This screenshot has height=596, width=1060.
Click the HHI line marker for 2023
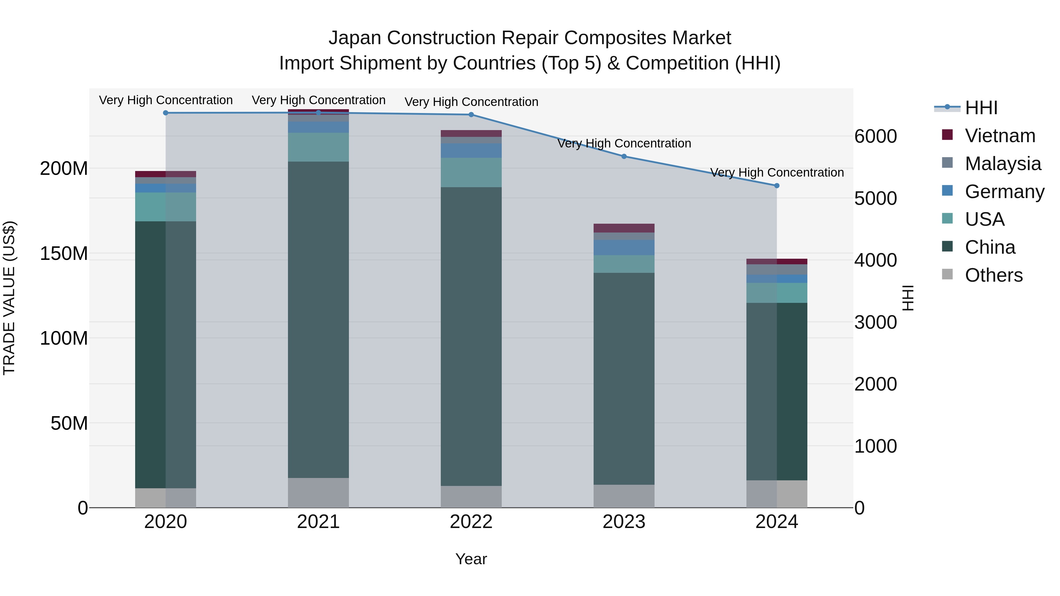624,156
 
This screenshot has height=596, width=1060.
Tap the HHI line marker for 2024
776,185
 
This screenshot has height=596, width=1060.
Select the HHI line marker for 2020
166,113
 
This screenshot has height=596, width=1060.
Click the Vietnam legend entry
1000,136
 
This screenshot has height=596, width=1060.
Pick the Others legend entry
993,275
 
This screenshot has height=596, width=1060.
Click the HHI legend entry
981,108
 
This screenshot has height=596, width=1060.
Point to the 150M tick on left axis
64,253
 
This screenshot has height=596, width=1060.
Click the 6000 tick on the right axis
875,136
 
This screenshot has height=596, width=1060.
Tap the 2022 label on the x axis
471,522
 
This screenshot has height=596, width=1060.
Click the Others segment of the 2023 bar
624,496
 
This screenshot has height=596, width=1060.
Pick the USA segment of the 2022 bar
471,172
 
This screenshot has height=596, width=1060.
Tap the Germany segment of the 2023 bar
624,247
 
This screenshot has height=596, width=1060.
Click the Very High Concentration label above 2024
776,172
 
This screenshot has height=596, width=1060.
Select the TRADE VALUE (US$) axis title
9,298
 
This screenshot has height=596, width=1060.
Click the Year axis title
471,559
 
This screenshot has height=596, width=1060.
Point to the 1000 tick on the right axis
875,446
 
